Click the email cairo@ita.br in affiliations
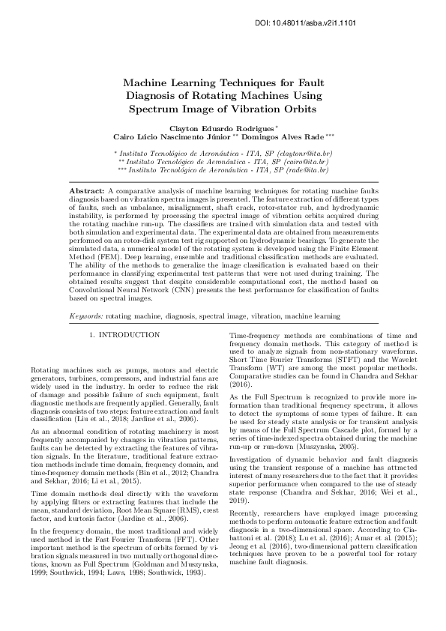point(311,162)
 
